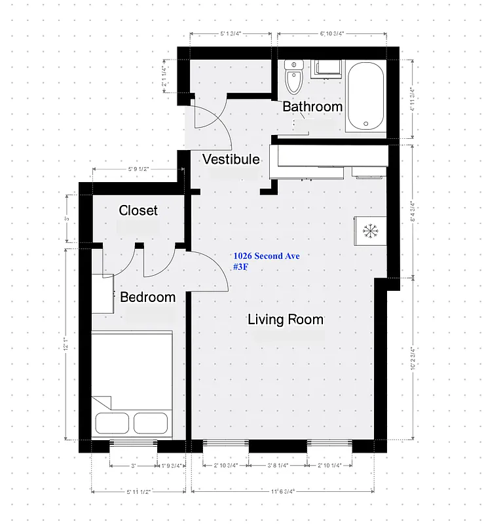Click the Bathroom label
(x=312, y=106)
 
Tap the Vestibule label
(x=231, y=159)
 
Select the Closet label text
(x=138, y=210)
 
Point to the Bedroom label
(x=147, y=297)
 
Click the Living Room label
(x=286, y=320)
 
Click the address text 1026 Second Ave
(x=267, y=256)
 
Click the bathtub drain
(x=366, y=122)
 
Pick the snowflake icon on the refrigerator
(x=371, y=231)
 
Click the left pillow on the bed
(x=111, y=422)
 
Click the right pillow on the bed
(x=151, y=422)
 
